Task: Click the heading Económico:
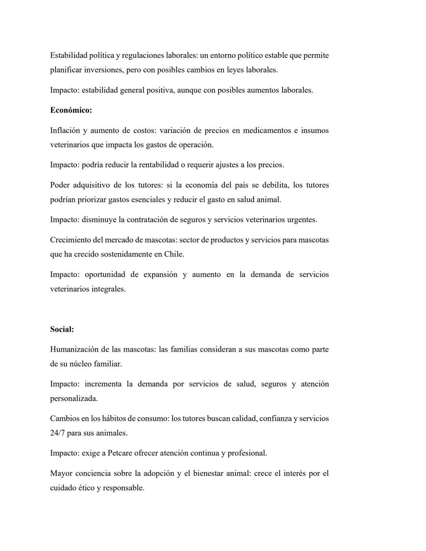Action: click(x=71, y=110)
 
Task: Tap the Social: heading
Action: click(x=62, y=329)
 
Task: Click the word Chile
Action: click(x=174, y=254)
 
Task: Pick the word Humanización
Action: click(x=74, y=349)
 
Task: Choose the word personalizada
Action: click(x=73, y=399)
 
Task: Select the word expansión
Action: click(x=158, y=275)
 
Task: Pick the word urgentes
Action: click(x=301, y=220)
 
